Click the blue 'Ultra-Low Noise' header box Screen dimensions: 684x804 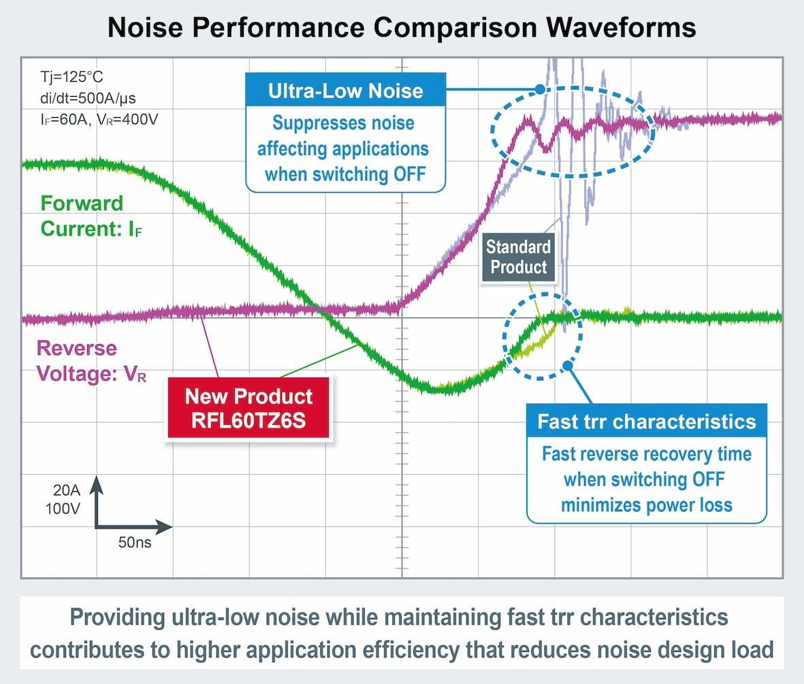pos(345,91)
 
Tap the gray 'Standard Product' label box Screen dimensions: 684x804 pos(518,256)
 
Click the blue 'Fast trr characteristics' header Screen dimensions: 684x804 pos(647,421)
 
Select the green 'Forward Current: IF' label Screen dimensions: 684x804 pos(82,215)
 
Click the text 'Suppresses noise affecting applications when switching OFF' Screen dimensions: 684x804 pos(345,148)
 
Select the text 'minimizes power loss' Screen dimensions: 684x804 pos(646,505)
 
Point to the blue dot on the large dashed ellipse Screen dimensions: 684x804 pos(540,89)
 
